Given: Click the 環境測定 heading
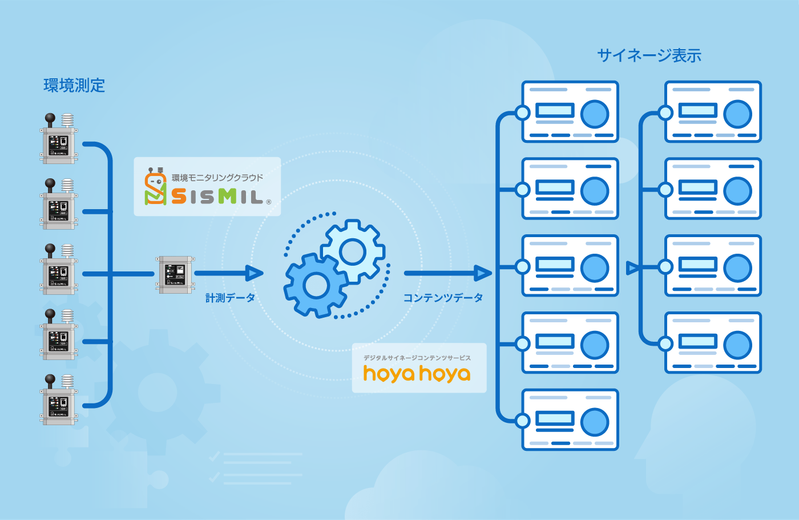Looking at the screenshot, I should pyautogui.click(x=74, y=86).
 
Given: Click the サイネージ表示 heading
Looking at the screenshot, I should pyautogui.click(x=649, y=55).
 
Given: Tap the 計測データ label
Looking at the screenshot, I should pyautogui.click(x=230, y=298).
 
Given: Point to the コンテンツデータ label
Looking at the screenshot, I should pyautogui.click(x=443, y=298).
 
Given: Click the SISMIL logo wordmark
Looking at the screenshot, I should pyautogui.click(x=218, y=197).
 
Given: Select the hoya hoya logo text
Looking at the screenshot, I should pyautogui.click(x=417, y=374).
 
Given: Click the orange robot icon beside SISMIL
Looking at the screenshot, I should pyautogui.click(x=155, y=187).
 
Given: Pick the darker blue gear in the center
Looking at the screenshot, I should pyautogui.click(x=316, y=285).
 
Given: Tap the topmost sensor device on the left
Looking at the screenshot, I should pyautogui.click(x=59, y=139).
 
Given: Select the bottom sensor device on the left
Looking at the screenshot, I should pyautogui.click(x=59, y=399).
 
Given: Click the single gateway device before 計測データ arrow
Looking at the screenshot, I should pyautogui.click(x=175, y=275).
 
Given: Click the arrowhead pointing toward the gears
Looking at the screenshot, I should pyautogui.click(x=255, y=273).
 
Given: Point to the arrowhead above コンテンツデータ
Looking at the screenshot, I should pyautogui.click(x=483, y=273).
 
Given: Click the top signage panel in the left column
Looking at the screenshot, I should pyautogui.click(x=570, y=111).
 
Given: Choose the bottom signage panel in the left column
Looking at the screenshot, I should pyautogui.click(x=570, y=419).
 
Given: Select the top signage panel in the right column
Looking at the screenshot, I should pyautogui.click(x=713, y=111).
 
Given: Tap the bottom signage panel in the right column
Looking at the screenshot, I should pyautogui.click(x=713, y=343).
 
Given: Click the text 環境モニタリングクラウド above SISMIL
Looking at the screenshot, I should pyautogui.click(x=217, y=178).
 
